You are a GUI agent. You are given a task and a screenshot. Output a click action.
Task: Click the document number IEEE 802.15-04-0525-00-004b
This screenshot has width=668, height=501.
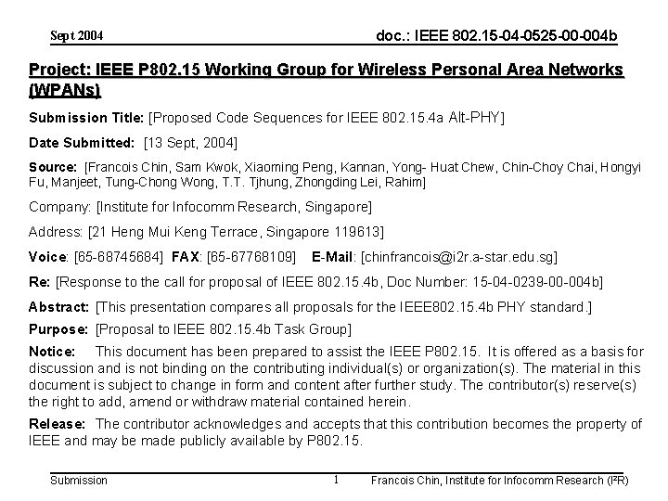tap(495, 35)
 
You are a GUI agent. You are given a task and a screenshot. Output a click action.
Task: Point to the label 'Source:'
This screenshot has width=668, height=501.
tap(53, 167)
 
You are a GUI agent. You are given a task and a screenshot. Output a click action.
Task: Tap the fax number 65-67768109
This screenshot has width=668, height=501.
tap(255, 255)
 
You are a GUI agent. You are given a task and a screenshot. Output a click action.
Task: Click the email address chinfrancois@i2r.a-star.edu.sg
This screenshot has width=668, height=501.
tap(459, 255)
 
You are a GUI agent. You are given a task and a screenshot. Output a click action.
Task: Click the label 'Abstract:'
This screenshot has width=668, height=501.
tap(59, 306)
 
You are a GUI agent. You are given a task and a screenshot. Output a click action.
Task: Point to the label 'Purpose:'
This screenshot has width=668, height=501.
tap(60, 329)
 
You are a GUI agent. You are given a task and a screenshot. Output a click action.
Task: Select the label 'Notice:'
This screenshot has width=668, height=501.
tap(52, 352)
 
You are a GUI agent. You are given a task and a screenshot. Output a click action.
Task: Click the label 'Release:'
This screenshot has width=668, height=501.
tap(57, 424)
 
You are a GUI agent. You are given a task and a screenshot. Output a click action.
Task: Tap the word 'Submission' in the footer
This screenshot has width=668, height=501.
tap(78, 480)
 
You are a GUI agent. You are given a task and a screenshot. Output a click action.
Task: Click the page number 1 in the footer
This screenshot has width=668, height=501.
tap(335, 479)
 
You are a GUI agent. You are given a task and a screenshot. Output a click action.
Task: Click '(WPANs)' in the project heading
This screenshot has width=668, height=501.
tap(65, 91)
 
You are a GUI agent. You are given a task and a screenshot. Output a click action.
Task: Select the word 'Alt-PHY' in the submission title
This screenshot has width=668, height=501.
tap(474, 118)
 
